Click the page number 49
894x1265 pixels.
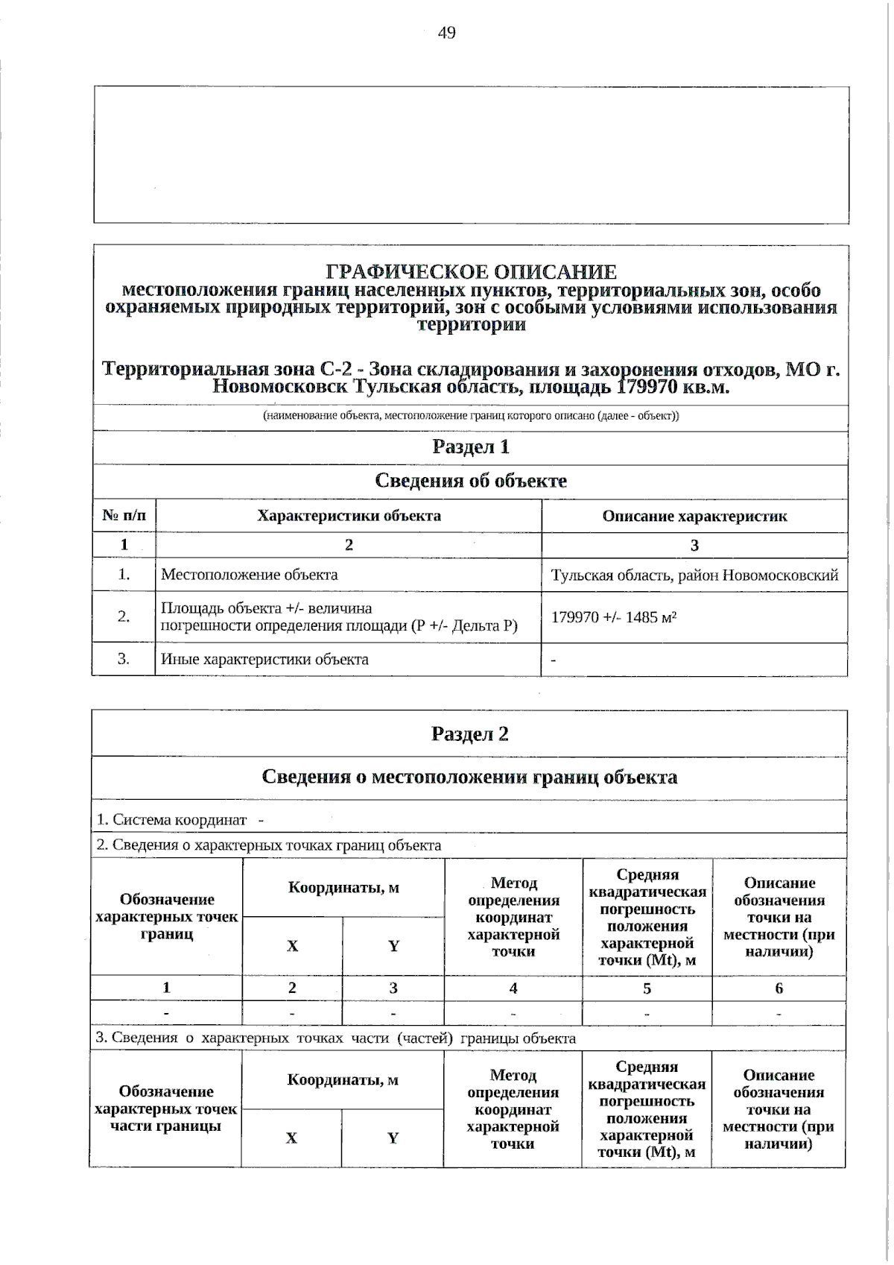[447, 33]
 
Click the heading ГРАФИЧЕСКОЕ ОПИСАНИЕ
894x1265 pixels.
[472, 272]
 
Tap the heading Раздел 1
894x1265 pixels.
[471, 447]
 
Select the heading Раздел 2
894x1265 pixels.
[470, 734]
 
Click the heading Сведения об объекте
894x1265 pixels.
[471, 481]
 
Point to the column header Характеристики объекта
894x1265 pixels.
[349, 516]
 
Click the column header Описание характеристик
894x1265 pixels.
[694, 516]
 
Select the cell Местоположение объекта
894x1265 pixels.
[250, 575]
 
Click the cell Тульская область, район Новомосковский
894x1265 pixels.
[694, 575]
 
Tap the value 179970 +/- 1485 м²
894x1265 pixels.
[614, 617]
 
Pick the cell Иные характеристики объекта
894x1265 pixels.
[264, 659]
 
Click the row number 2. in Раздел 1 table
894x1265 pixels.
[124, 616]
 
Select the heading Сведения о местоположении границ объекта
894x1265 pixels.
[470, 777]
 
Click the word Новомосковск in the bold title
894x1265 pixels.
[279, 388]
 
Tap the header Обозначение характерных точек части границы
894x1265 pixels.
[165, 1108]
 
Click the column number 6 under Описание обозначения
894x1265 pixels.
[779, 988]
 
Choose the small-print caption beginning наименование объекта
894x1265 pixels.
[471, 416]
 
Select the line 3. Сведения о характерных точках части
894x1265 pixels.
[335, 1038]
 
